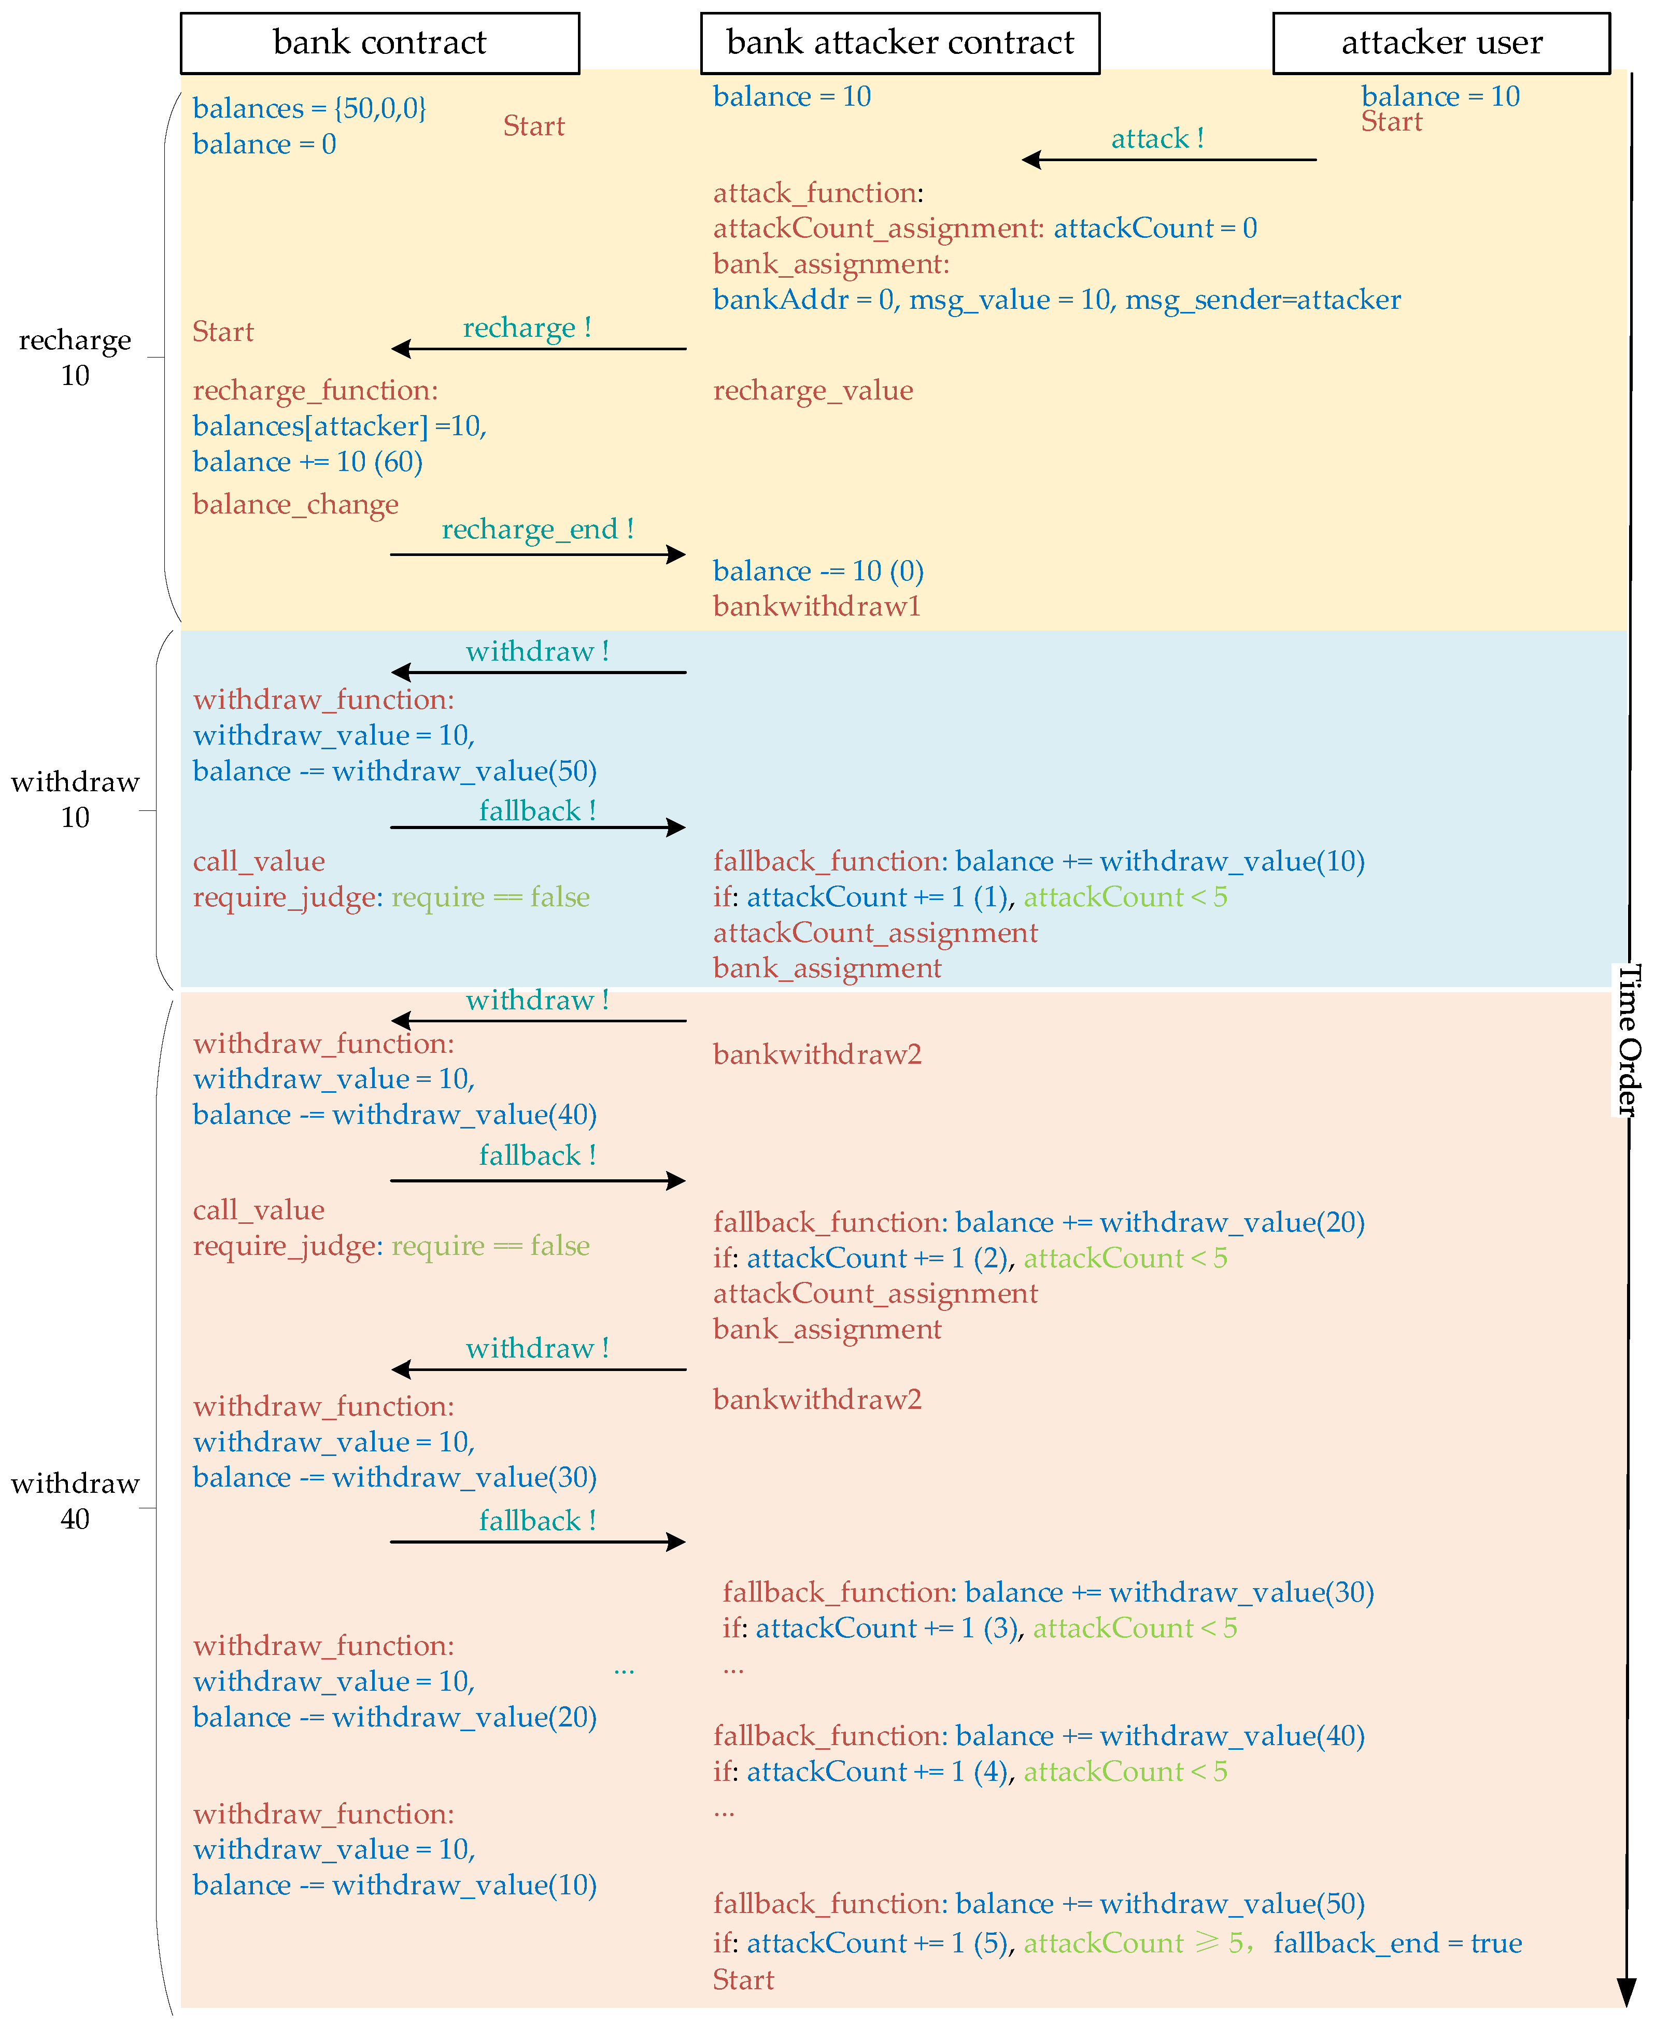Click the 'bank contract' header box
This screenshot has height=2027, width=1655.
click(379, 43)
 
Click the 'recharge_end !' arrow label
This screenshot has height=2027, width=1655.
click(537, 529)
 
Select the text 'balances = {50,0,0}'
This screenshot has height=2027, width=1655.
click(309, 109)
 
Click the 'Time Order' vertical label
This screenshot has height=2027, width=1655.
click(1629, 1039)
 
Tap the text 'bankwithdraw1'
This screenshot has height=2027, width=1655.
click(816, 607)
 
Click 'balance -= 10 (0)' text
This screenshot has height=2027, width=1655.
click(818, 572)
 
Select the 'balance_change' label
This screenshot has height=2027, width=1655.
click(295, 504)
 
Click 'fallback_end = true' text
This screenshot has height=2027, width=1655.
click(1397, 1943)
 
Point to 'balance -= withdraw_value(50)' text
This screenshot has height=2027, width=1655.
click(394, 771)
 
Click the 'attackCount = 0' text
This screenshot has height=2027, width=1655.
click(1154, 229)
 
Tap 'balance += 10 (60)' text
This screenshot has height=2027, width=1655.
click(307, 462)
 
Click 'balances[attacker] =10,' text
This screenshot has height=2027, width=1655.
click(340, 426)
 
